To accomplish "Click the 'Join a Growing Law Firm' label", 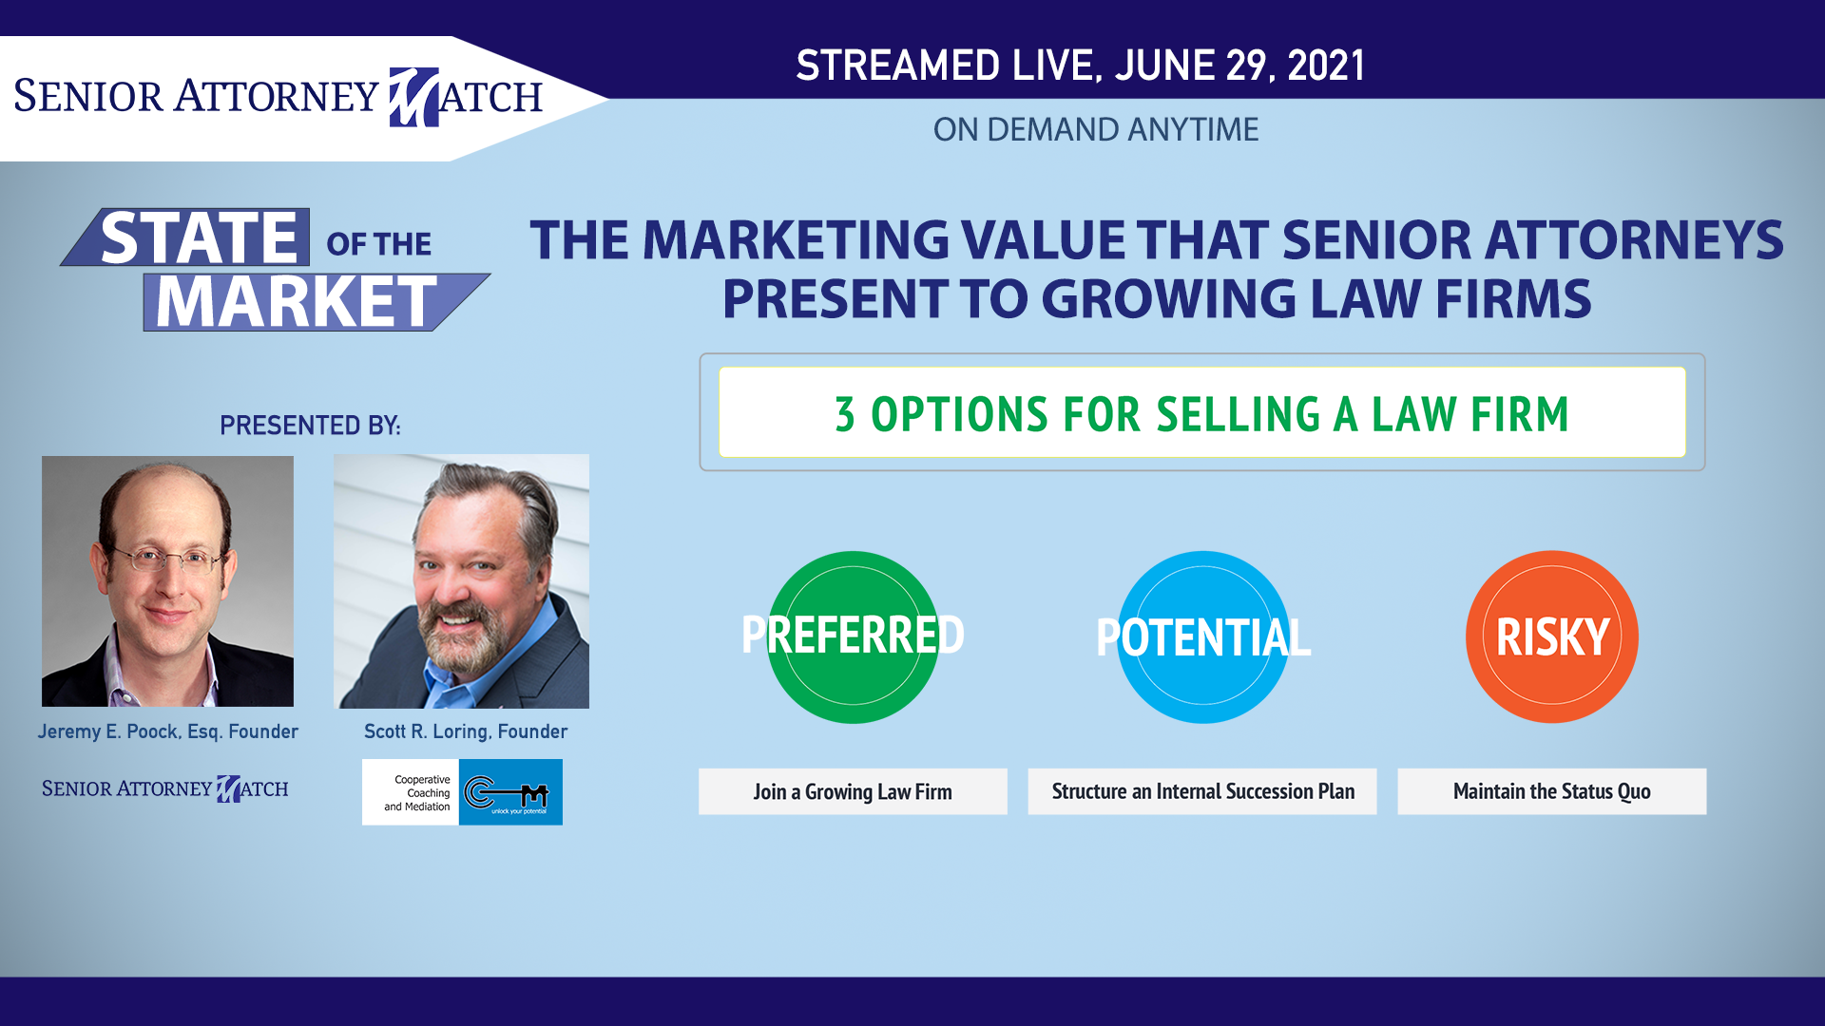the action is tap(853, 791).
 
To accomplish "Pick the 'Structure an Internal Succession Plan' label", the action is tap(1202, 791).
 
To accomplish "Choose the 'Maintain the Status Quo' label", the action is tap(1552, 791).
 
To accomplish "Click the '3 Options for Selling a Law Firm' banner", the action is tap(1202, 412).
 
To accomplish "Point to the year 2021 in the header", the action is tap(1326, 66).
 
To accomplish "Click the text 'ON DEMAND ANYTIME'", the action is tap(1096, 129).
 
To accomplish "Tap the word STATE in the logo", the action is tap(200, 237).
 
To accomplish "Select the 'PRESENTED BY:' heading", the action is tap(310, 426).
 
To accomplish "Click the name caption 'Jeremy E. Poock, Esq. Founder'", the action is tap(168, 731).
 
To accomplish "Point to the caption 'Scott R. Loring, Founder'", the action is tap(466, 731).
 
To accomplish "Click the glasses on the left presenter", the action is tap(169, 559).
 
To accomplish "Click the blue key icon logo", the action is tap(510, 792).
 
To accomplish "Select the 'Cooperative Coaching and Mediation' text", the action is tap(418, 793).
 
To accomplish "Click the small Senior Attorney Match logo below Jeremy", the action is tap(165, 788).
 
